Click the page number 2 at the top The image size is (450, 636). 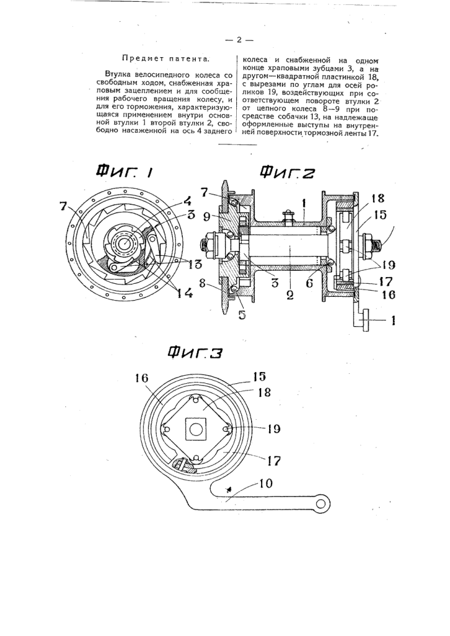click(239, 40)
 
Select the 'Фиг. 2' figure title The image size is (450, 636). click(287, 172)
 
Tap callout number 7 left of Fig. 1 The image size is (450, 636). click(62, 206)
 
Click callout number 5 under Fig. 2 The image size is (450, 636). click(242, 315)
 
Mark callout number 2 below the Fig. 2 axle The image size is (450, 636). click(290, 294)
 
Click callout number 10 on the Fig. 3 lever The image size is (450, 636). click(264, 483)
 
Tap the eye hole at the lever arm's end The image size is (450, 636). click(321, 503)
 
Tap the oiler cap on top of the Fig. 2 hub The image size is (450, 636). click(290, 212)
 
